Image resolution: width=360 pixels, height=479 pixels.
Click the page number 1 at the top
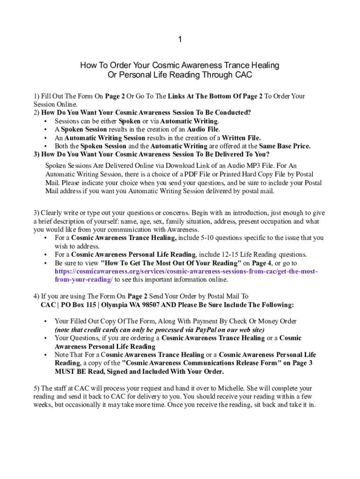pyautogui.click(x=180, y=40)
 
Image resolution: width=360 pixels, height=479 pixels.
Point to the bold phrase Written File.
pyautogui.click(x=241, y=138)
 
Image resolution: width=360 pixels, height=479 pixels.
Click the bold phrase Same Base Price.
pyautogui.click(x=285, y=146)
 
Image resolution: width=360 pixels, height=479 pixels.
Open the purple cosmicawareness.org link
pyautogui.click(x=187, y=272)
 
